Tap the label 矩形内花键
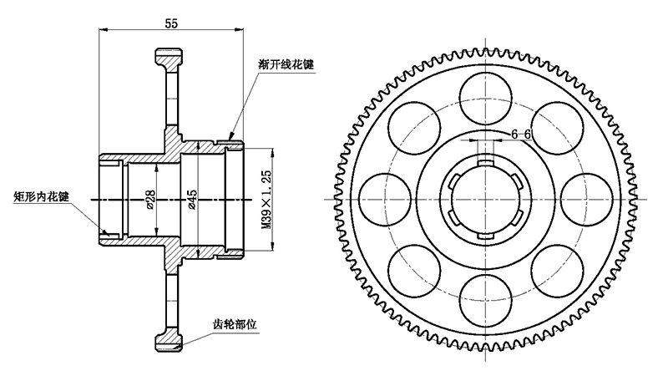pyautogui.click(x=42, y=198)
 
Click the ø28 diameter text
pyautogui.click(x=151, y=201)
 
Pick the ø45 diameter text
pyautogui.click(x=192, y=201)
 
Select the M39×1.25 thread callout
pyautogui.click(x=266, y=201)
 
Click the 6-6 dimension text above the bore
pyautogui.click(x=521, y=134)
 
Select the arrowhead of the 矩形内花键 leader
pyautogui.click(x=106, y=233)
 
